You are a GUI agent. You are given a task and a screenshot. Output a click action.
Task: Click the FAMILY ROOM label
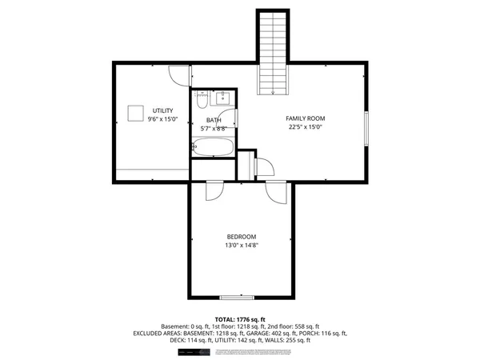pos(306,118)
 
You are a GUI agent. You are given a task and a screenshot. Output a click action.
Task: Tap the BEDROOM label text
pos(241,236)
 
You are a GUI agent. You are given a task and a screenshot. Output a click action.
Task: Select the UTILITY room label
pos(162,110)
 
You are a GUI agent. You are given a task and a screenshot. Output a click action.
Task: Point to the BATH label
pos(214,120)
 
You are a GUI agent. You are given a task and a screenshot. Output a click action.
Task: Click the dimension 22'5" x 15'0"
pos(306,126)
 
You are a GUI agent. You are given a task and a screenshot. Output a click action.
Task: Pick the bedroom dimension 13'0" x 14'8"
pos(241,246)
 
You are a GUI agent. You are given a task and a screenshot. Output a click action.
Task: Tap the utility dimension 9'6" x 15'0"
pos(162,119)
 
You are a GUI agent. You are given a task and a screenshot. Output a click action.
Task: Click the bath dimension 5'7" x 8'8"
pos(214,128)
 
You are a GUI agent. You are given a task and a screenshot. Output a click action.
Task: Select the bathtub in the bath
pos(213,147)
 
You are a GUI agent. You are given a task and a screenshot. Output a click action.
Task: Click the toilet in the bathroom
pos(201,101)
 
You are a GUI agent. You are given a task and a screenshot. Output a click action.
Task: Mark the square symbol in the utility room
pos(137,112)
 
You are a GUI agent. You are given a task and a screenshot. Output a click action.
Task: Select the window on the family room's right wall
pos(366,129)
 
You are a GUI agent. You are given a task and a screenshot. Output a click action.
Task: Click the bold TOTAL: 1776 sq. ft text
pos(240,319)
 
